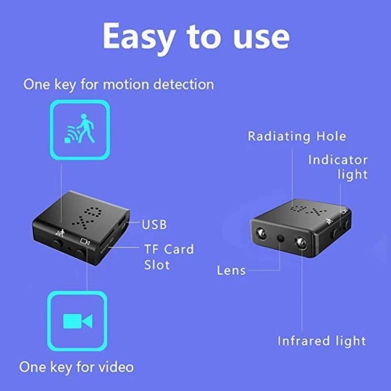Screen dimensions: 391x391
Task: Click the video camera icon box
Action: click(77, 321)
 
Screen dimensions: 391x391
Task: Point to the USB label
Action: click(154, 225)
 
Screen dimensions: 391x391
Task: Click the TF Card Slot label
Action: click(169, 256)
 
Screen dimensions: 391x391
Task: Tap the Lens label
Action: click(231, 270)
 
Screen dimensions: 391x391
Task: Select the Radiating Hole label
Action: click(297, 137)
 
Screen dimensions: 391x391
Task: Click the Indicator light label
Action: click(337, 167)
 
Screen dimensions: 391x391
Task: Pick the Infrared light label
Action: click(322, 341)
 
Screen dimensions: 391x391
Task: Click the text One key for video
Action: click(77, 366)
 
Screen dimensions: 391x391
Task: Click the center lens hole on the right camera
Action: click(282, 238)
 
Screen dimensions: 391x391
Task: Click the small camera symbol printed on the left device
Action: click(85, 241)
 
